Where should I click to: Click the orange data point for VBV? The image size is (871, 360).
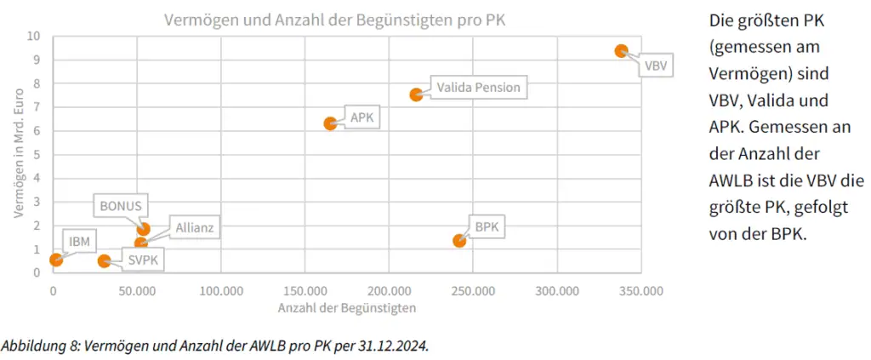pyautogui.click(x=622, y=51)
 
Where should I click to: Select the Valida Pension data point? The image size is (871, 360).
pyautogui.click(x=416, y=94)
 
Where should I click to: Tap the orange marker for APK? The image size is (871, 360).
pyautogui.click(x=330, y=123)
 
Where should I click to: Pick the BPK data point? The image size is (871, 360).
pyautogui.click(x=459, y=241)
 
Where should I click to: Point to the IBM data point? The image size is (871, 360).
pyautogui.click(x=56, y=260)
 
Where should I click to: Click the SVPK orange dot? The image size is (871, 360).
pyautogui.click(x=104, y=261)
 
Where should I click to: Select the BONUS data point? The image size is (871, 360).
pyautogui.click(x=144, y=229)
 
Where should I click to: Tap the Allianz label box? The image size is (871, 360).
pyautogui.click(x=195, y=227)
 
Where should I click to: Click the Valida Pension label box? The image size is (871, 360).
pyautogui.click(x=477, y=87)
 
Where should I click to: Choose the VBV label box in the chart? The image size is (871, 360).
pyautogui.click(x=656, y=65)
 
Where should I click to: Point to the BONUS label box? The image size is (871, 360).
pyautogui.click(x=121, y=206)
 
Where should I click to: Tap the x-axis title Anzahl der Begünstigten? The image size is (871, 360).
pyautogui.click(x=347, y=306)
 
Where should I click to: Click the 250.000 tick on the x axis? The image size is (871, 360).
pyautogui.click(x=473, y=291)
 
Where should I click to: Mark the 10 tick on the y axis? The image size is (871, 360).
pyautogui.click(x=33, y=37)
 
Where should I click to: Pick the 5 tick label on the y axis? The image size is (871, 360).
pyautogui.click(x=37, y=155)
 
